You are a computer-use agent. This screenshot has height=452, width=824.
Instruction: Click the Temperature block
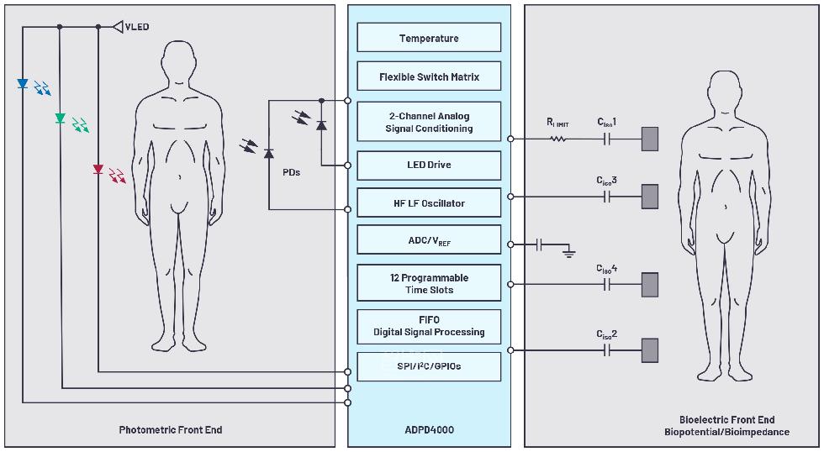429,38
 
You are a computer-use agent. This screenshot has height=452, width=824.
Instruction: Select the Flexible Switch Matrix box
429,76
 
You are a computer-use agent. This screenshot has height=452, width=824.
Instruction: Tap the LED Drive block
429,165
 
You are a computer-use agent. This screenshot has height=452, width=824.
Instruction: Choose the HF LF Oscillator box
429,203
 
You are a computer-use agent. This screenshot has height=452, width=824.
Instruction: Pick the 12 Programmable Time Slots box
429,283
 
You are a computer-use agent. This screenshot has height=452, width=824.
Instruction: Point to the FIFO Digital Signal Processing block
429,326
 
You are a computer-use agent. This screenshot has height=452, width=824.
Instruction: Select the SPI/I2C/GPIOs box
429,366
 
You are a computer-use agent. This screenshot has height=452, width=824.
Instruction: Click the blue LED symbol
23,84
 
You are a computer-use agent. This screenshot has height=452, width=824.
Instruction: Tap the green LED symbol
60,118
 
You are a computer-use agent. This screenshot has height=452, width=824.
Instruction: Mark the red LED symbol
98,170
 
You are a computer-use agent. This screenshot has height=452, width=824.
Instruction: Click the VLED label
136,27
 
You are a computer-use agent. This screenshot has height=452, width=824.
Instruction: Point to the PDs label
292,172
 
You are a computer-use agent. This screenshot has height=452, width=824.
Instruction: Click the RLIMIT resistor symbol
558,139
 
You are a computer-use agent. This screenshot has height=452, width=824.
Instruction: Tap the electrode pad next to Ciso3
649,197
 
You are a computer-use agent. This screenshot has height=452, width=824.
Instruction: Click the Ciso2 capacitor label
607,334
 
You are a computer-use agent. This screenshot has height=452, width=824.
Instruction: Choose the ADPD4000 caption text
429,430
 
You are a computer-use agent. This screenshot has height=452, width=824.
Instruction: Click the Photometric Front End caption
171,430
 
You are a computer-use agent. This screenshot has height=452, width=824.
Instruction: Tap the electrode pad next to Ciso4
649,285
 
